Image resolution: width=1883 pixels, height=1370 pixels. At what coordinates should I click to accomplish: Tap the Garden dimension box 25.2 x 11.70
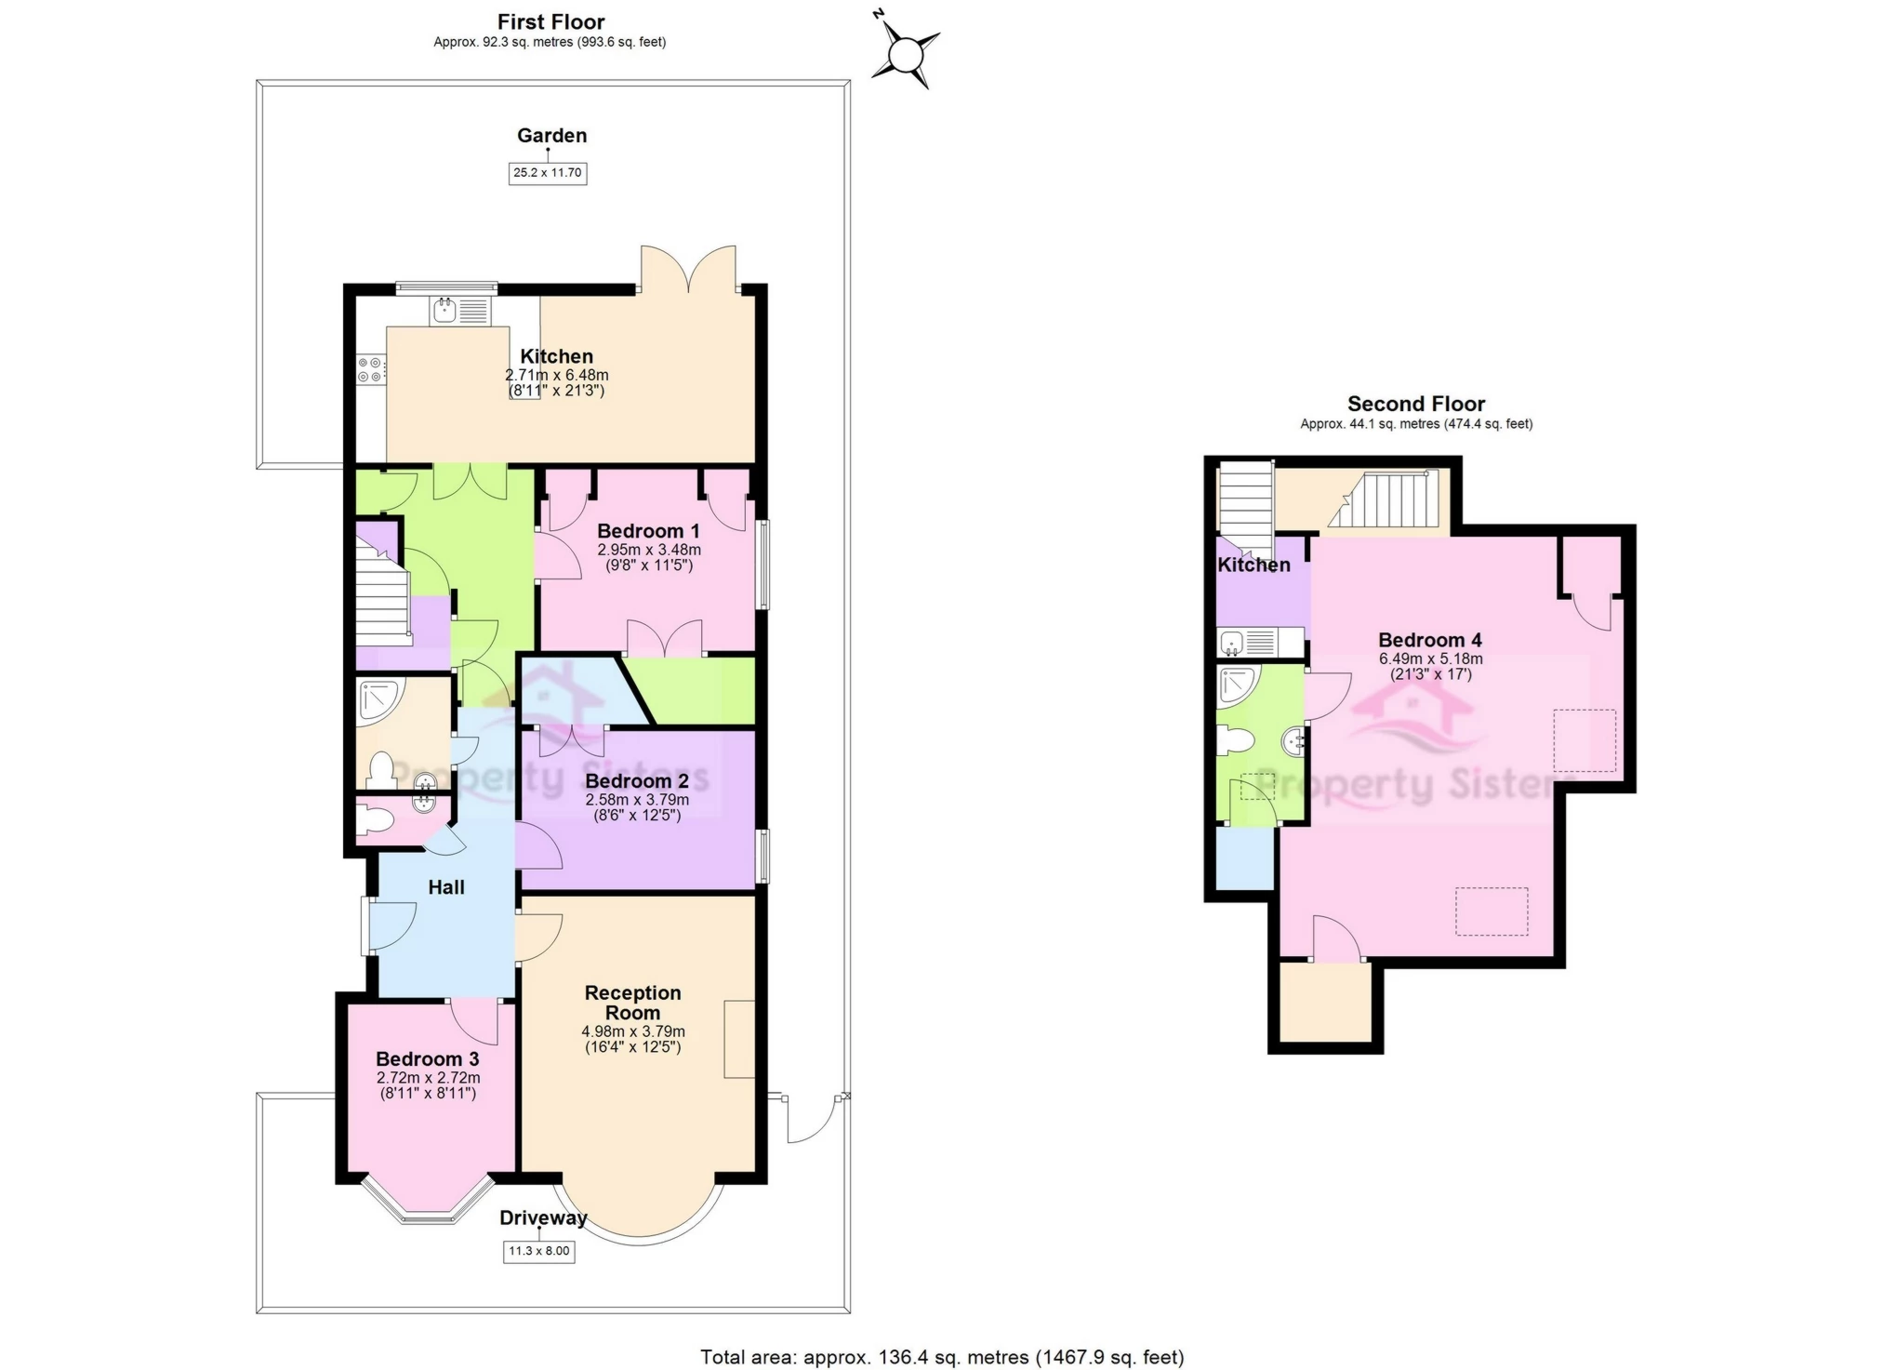pos(548,173)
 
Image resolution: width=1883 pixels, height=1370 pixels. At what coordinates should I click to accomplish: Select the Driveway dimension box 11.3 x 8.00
pos(538,1251)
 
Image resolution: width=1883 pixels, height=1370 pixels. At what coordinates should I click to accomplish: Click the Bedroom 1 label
pos(648,531)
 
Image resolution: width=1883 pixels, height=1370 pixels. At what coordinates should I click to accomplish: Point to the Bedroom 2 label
pos(637,781)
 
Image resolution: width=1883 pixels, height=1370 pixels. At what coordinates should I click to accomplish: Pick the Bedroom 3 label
pos(427,1059)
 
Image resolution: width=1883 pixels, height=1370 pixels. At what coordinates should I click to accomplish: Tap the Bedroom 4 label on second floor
pos(1429,640)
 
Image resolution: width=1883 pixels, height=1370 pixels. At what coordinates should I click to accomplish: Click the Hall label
pos(446,887)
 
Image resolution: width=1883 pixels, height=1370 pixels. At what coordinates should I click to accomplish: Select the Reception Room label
pos(632,1003)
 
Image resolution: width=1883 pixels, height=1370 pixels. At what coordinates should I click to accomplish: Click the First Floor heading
pos(550,21)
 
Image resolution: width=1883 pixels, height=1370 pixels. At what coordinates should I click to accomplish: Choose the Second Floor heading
pos(1415,404)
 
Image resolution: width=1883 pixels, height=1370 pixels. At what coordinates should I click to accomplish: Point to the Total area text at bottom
pos(941,1357)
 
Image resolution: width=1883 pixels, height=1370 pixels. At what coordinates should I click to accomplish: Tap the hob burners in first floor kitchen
pos(370,369)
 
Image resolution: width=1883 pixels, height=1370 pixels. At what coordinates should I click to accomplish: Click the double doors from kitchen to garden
pos(688,270)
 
